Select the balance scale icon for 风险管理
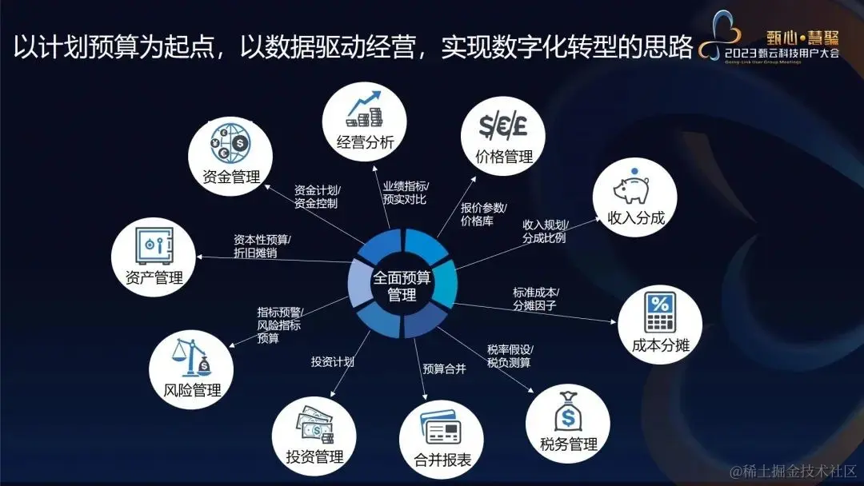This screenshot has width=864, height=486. [x=191, y=357]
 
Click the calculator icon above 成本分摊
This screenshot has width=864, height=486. [x=660, y=313]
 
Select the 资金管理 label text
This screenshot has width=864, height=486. [x=231, y=177]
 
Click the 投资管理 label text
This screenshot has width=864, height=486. [x=314, y=457]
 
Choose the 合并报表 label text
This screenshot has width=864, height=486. [x=442, y=460]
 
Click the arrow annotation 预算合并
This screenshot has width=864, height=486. [x=444, y=369]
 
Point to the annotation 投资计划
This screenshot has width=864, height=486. [x=333, y=361]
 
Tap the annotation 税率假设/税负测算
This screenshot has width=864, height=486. [x=510, y=357]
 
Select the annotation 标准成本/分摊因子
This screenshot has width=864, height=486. [x=536, y=299]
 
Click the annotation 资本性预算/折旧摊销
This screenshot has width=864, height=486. [x=262, y=246]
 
